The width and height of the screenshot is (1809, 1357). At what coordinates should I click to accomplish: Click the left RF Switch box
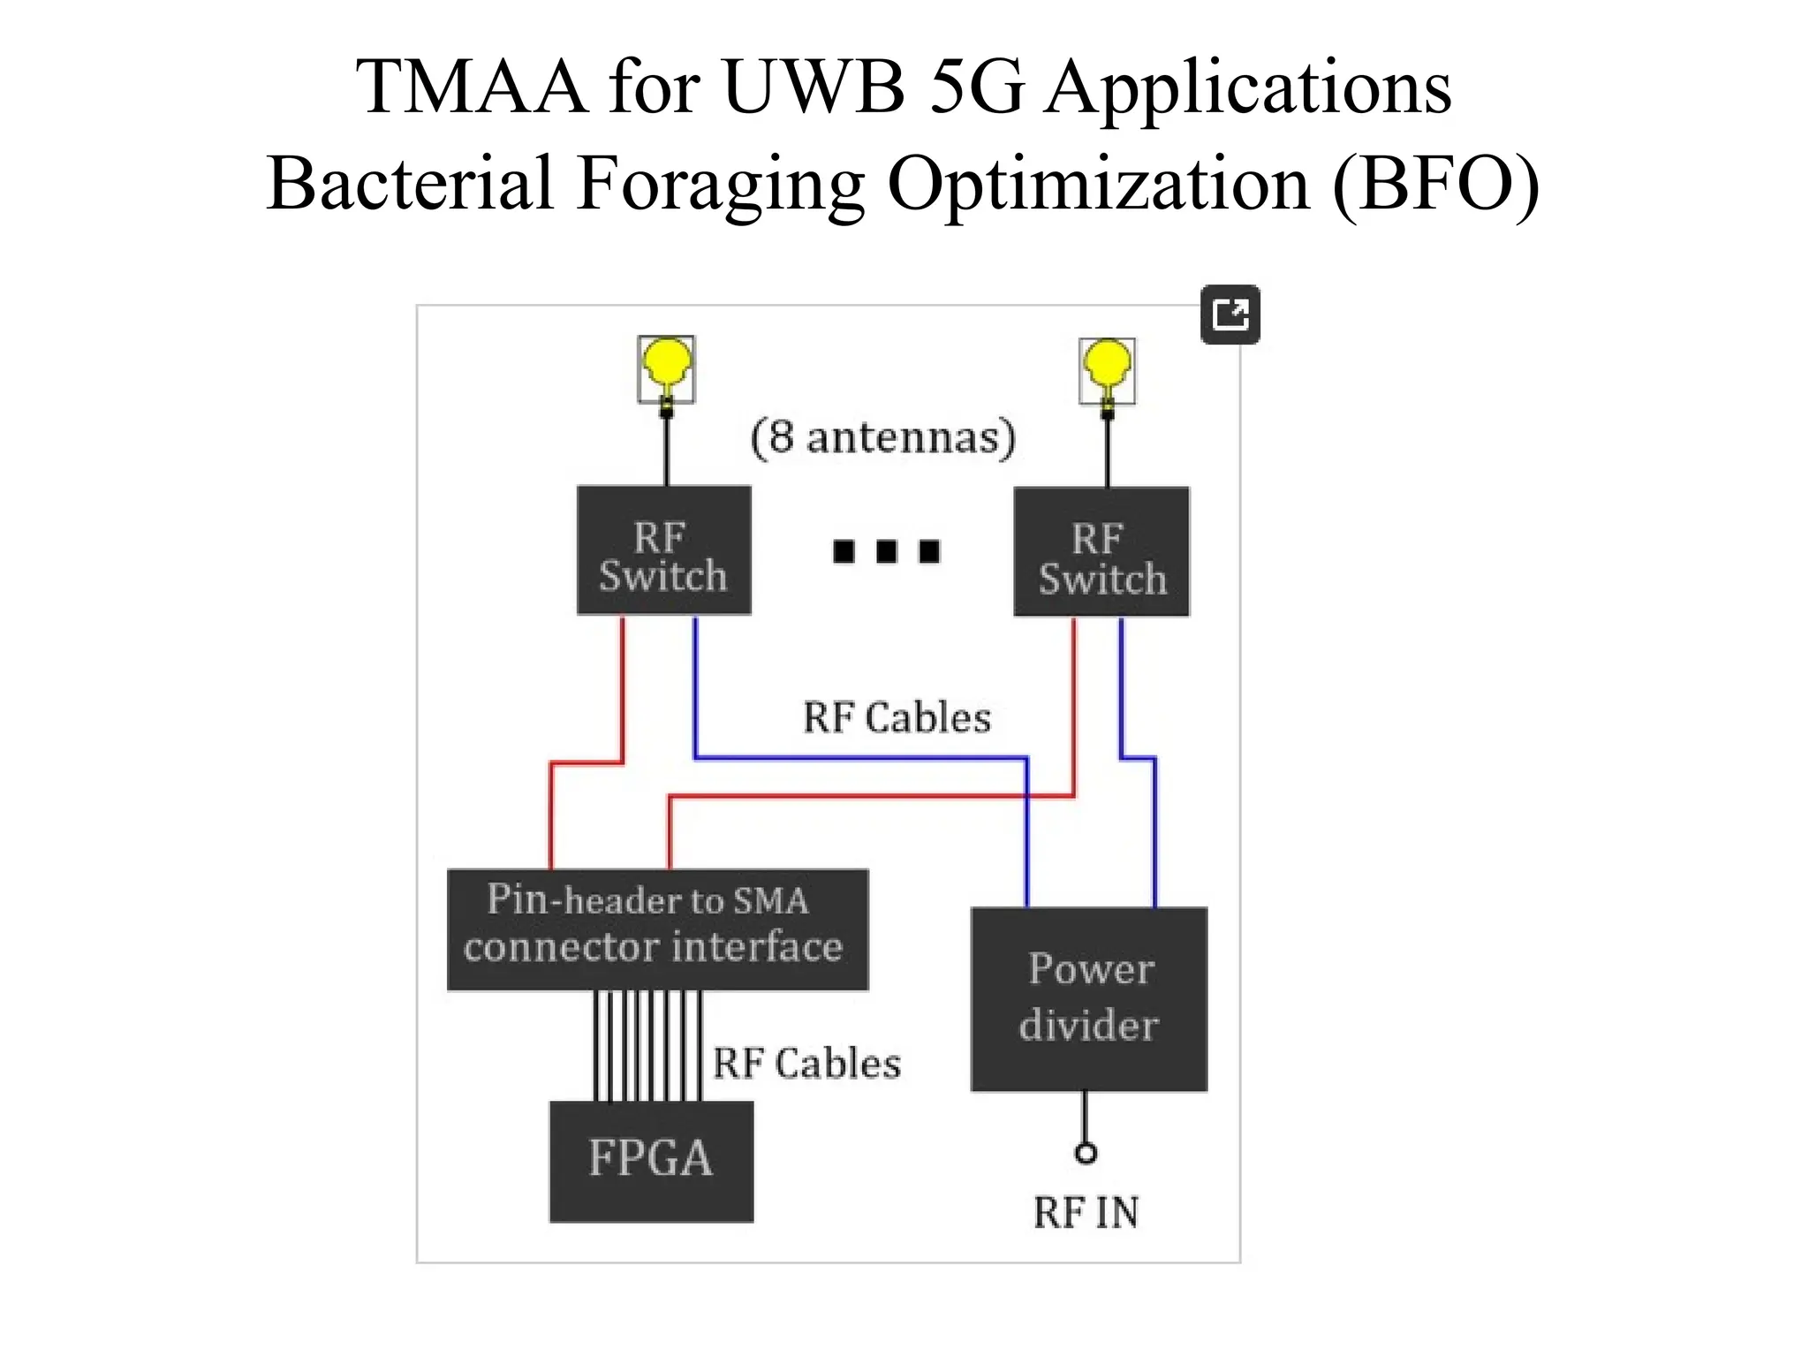pos(663,550)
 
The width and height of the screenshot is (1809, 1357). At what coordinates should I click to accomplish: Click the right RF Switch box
pos(1101,552)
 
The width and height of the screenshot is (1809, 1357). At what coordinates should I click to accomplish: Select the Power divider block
pos(1088,999)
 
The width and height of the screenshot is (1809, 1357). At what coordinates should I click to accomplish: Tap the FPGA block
pos(651,1161)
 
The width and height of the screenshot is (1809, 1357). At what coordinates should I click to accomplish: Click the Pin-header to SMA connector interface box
pos(657,929)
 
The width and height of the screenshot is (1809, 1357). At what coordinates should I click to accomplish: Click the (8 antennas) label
pos(882,437)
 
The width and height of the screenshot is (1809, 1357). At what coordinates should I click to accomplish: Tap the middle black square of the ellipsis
pos(886,551)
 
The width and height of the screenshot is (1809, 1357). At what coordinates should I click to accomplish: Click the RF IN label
pos(1086,1213)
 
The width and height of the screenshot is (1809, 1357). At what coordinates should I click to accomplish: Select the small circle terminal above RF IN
pos(1086,1153)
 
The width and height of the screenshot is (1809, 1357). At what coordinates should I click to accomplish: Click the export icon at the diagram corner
pos(1230,315)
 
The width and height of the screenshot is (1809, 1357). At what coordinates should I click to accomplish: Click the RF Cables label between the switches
pos(897,717)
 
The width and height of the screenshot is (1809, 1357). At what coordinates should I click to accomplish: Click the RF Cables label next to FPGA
pos(806,1064)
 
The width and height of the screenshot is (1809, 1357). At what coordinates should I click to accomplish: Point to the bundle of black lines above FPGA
pos(648,1046)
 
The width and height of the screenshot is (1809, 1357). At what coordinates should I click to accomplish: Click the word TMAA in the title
pos(472,87)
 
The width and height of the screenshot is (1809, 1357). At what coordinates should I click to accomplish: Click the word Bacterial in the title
pos(411,184)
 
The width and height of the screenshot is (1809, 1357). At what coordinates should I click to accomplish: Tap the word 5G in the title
pos(978,87)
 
